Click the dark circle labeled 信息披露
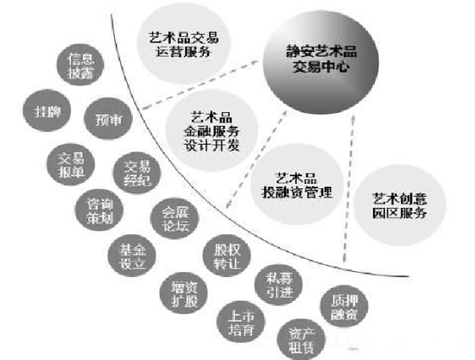(80, 65)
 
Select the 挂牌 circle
(47, 111)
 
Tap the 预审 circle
(108, 118)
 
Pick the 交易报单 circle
(71, 164)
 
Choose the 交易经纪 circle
(137, 173)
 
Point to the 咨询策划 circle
(99, 210)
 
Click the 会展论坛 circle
(174, 218)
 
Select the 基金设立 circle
(132, 256)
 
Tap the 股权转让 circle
(227, 256)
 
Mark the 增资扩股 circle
(184, 293)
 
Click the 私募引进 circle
(279, 285)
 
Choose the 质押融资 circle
(345, 306)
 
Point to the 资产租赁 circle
(301, 340)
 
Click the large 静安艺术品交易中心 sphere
(320, 63)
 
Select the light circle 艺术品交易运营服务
(183, 44)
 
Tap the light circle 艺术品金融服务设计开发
(212, 131)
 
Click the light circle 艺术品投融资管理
(297, 185)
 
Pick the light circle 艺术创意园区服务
(400, 205)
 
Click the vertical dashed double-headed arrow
(349, 188)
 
